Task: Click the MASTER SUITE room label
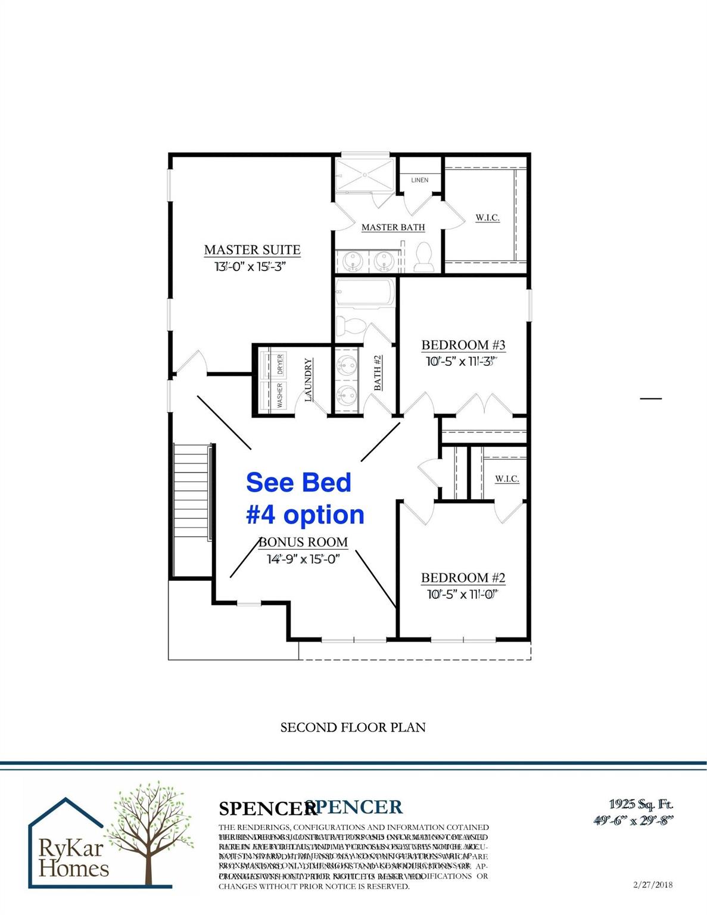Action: click(252, 250)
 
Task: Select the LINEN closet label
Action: click(419, 180)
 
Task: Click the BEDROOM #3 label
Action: click(463, 345)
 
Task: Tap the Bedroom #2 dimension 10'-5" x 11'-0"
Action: click(462, 594)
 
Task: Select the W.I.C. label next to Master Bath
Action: click(487, 218)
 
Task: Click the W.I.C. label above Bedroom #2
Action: click(506, 479)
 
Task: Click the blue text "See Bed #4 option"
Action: click(304, 499)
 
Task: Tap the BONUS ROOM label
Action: click(303, 542)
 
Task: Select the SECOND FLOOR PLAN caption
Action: click(353, 727)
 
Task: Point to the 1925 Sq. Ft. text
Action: click(641, 805)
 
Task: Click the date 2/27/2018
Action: click(653, 885)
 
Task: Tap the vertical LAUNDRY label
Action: click(309, 380)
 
